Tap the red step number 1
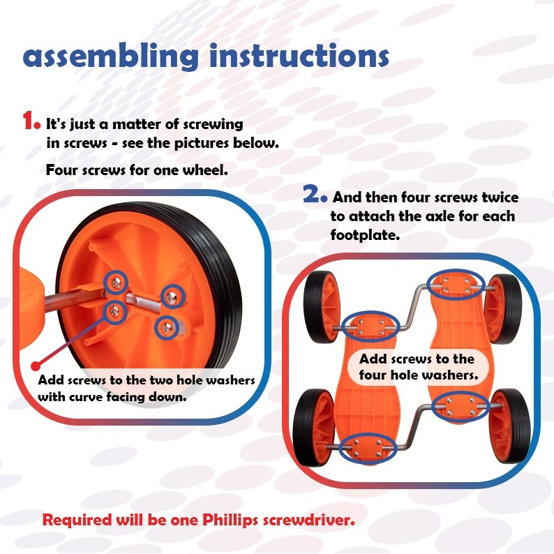pyautogui.click(x=31, y=121)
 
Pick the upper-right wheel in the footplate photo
pyautogui.click(x=504, y=306)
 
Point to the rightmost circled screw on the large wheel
pyautogui.click(x=173, y=296)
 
